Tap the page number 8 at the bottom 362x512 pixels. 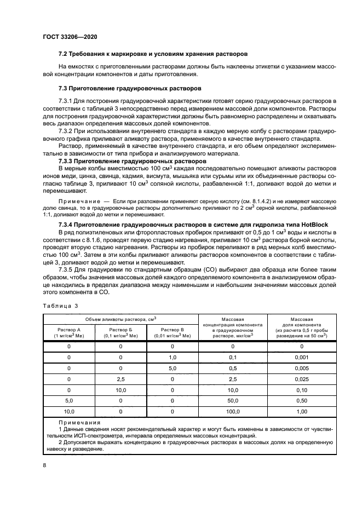[x=44, y=465]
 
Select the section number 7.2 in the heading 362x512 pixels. [x=62, y=54]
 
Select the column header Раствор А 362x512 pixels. [x=68, y=330]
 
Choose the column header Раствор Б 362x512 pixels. [x=120, y=330]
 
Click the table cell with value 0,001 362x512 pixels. [x=301, y=357]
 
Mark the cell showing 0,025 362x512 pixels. [x=301, y=378]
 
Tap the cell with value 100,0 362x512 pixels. [x=233, y=411]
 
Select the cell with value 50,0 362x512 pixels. [x=233, y=400]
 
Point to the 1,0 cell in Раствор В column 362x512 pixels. [x=172, y=357]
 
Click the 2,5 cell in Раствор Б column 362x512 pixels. [x=120, y=378]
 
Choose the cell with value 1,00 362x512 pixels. [x=301, y=411]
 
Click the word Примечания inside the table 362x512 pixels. [x=79, y=423]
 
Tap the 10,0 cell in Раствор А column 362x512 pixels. [x=69, y=411]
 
